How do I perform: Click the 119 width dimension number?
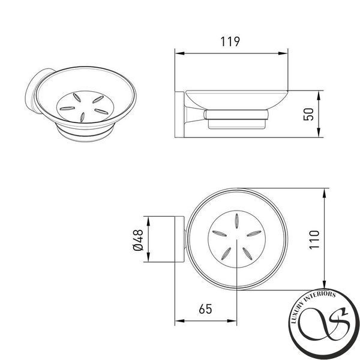(x=230, y=41)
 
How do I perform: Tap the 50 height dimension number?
(x=308, y=114)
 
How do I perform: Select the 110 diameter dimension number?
(x=314, y=239)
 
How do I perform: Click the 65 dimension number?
(x=205, y=309)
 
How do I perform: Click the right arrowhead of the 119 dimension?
(x=283, y=53)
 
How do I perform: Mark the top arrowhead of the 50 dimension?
(x=319, y=95)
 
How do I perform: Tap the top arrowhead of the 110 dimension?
(x=324, y=193)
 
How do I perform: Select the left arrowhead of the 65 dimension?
(x=180, y=321)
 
